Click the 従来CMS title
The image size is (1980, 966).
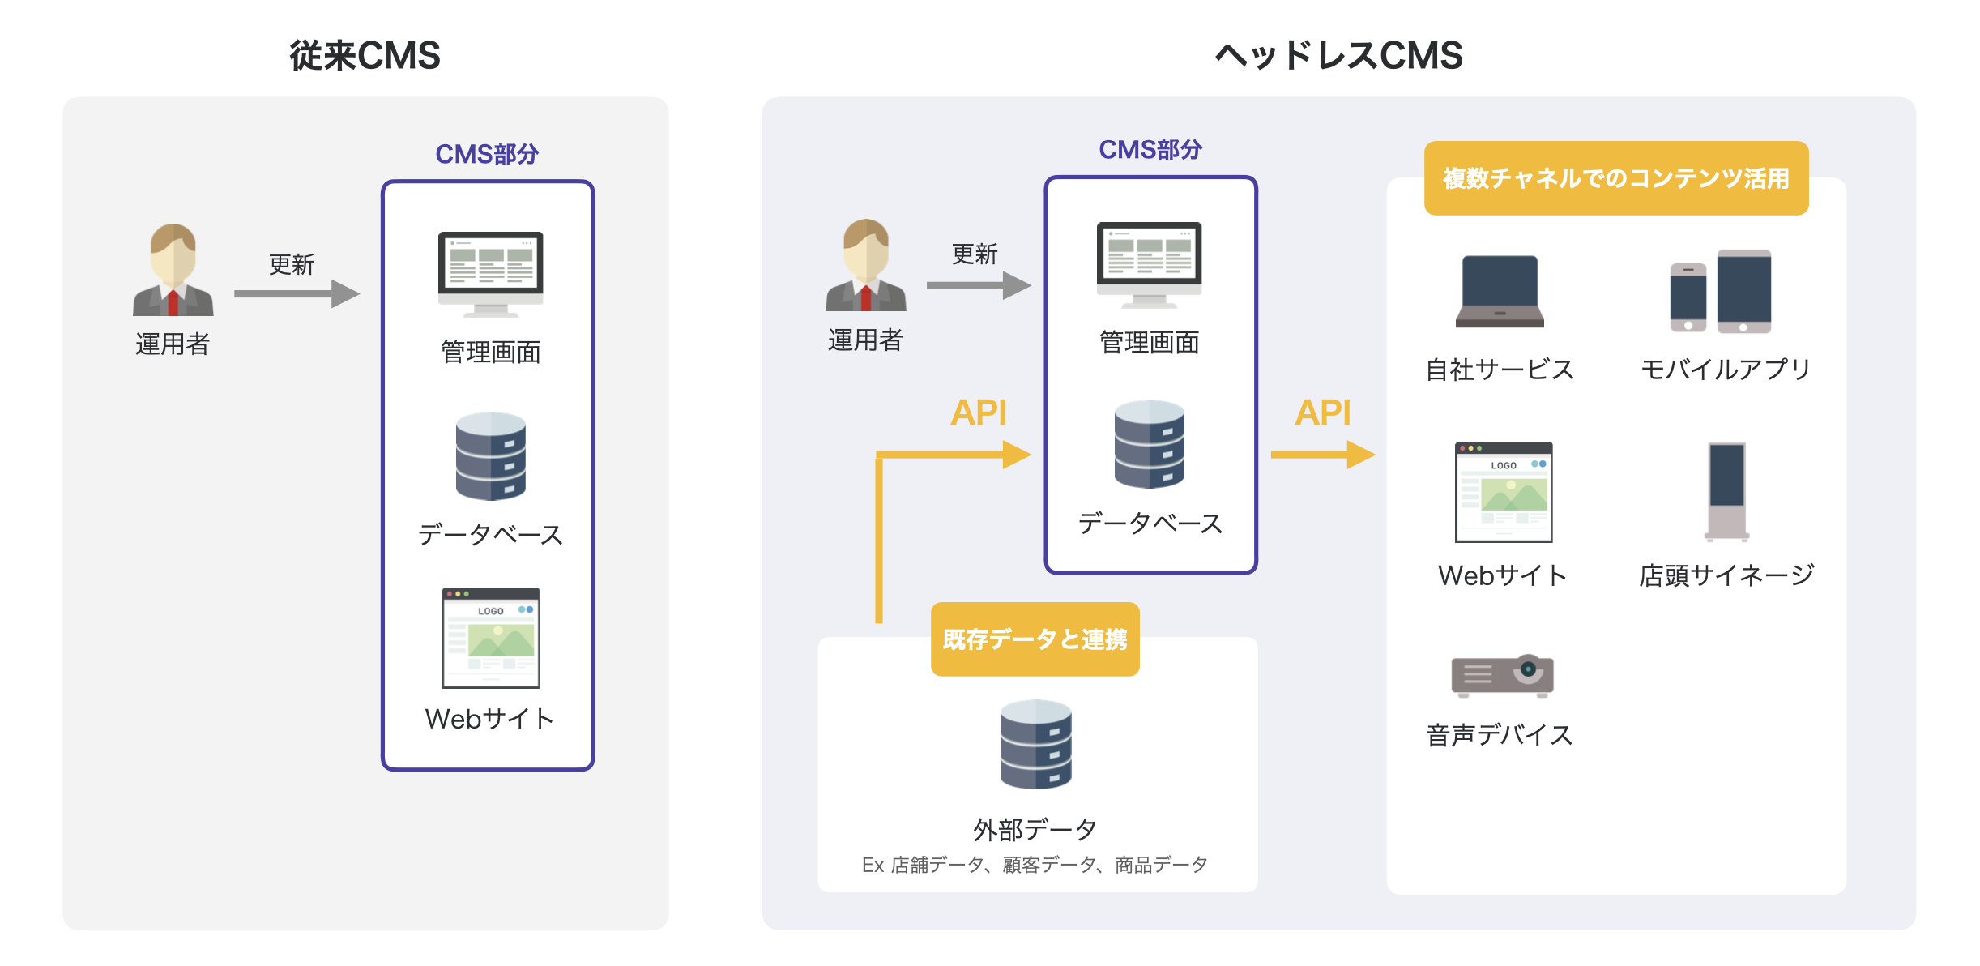365,56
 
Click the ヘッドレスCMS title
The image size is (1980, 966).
1338,56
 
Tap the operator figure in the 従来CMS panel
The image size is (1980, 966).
173,270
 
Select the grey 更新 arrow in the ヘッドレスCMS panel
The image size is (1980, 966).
978,285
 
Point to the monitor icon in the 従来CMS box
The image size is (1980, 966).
490,274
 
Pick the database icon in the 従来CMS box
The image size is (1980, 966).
490,455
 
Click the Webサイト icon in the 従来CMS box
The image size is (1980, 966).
490,638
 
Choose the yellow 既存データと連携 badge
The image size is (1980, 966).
1035,639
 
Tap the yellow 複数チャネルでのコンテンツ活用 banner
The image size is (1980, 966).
1615,178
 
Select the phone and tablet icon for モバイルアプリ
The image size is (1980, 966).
1721,292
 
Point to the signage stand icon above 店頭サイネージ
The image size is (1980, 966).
1726,491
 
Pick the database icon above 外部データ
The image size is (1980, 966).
1035,744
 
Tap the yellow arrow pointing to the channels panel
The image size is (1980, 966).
1321,454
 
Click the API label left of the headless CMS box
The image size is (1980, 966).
978,413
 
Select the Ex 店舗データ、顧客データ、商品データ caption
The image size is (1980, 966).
1035,865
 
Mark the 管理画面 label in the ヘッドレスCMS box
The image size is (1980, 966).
1149,343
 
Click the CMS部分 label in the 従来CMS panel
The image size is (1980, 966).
487,154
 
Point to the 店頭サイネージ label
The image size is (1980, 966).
1726,575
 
